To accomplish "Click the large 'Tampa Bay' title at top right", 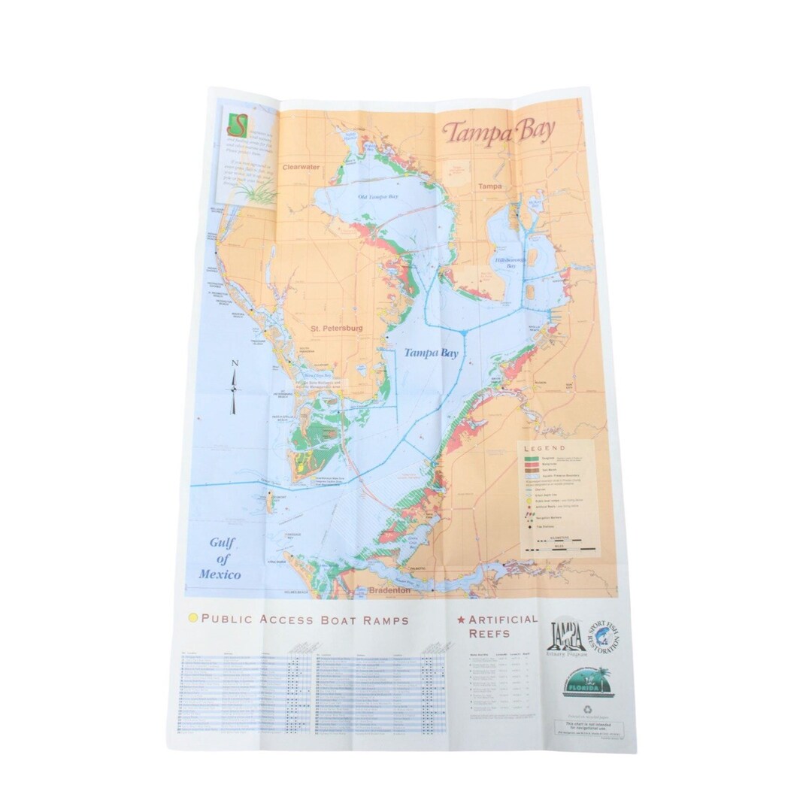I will pyautogui.click(x=498, y=131).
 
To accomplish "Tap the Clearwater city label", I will pyautogui.click(x=301, y=169).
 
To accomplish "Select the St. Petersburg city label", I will pyautogui.click(x=338, y=329).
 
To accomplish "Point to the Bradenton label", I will pyautogui.click(x=389, y=591).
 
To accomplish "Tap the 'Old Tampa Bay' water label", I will pyautogui.click(x=377, y=197).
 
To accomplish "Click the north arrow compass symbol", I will pyautogui.click(x=234, y=386).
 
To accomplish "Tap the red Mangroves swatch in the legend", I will pyautogui.click(x=532, y=465).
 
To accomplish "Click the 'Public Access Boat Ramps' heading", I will pyautogui.click(x=304, y=620).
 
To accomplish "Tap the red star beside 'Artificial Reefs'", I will pyautogui.click(x=461, y=621).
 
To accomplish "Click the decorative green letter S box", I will pyautogui.click(x=237, y=123).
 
